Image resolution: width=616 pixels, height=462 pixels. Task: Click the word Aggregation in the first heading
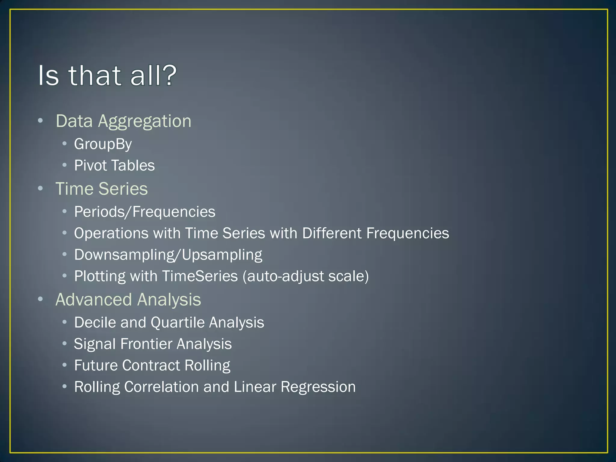click(x=145, y=122)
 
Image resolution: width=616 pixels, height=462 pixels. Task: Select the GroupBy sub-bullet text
click(x=103, y=144)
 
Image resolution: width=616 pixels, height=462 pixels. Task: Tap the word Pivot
click(x=91, y=165)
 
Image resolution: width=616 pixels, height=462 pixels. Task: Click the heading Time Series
click(x=102, y=189)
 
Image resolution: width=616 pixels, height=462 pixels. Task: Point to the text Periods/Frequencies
click(x=145, y=212)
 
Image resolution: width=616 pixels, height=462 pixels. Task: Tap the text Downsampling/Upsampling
click(x=168, y=255)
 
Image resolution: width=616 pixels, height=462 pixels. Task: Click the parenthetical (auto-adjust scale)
click(x=306, y=276)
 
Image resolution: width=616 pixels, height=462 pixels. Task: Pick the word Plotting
click(x=100, y=276)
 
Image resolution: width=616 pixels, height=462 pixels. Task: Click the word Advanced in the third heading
click(x=94, y=300)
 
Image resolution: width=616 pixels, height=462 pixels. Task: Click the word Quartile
click(x=177, y=322)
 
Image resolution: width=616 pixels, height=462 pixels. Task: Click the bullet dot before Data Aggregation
click(x=41, y=121)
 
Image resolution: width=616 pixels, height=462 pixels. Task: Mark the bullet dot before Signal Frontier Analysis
click(x=64, y=343)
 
